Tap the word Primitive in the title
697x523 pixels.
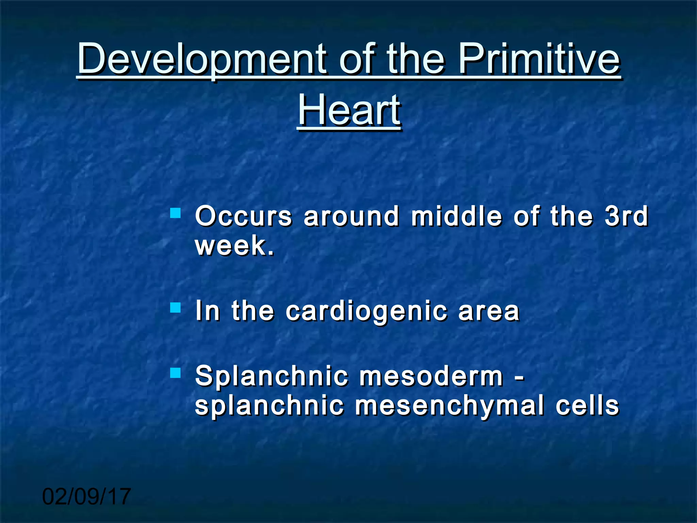tap(539, 59)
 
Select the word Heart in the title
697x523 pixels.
tap(349, 110)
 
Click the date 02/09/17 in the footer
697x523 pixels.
tap(86, 496)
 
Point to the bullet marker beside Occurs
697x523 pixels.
tap(175, 213)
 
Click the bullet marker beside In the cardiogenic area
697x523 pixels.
tap(175, 308)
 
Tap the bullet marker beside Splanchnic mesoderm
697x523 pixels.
tap(175, 373)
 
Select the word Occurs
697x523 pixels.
tap(243, 216)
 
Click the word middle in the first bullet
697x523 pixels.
tap(456, 216)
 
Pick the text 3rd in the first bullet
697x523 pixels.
tap(626, 216)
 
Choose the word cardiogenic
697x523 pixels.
tap(366, 311)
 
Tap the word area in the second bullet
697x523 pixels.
tap(489, 311)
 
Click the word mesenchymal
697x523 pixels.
tap(449, 406)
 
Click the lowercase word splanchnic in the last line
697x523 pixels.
tap(269, 406)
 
